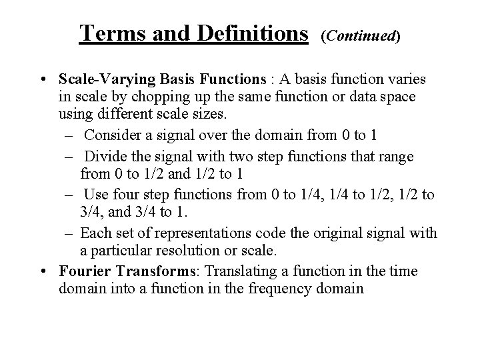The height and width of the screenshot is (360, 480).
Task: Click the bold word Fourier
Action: (83, 271)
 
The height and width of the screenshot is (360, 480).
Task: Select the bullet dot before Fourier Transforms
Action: (43, 271)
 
